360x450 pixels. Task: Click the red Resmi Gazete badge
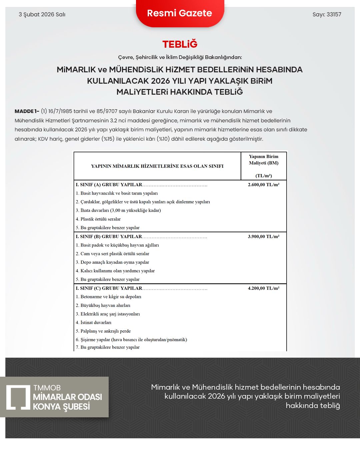click(180, 13)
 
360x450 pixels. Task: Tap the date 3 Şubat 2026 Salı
click(42, 14)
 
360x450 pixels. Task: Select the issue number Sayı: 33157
click(327, 14)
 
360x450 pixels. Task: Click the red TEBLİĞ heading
click(180, 44)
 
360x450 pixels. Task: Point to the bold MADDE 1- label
click(27, 111)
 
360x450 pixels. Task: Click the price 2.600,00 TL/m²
click(263, 185)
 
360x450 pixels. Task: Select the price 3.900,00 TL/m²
click(263, 237)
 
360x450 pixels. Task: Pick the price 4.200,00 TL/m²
click(263, 288)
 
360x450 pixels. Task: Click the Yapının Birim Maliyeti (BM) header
click(263, 160)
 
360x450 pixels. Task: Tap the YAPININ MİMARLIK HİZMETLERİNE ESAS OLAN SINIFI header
click(157, 166)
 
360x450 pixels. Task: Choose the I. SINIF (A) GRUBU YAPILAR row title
click(109, 185)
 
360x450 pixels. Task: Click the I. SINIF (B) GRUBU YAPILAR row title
click(109, 237)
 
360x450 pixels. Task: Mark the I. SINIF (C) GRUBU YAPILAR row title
click(109, 288)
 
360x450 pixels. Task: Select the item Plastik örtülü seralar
click(100, 219)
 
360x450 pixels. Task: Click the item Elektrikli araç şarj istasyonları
click(110, 314)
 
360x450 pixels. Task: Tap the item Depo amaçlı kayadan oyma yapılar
click(115, 262)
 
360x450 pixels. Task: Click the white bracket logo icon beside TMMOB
click(18, 397)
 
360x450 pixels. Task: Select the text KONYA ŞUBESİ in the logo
click(61, 407)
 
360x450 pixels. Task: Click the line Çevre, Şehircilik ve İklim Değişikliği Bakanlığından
click(180, 57)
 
